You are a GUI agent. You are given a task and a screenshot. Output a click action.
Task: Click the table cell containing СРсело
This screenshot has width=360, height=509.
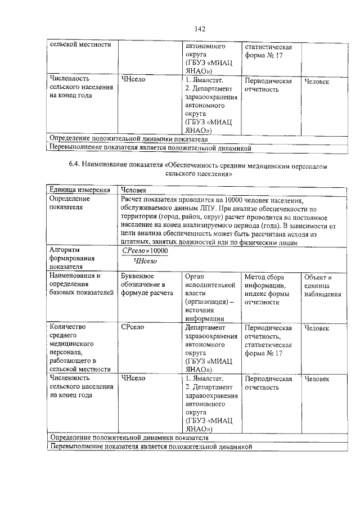pyautogui.click(x=134, y=327)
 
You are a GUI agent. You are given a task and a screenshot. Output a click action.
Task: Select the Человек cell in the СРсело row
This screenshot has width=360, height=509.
pyautogui.click(x=316, y=327)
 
